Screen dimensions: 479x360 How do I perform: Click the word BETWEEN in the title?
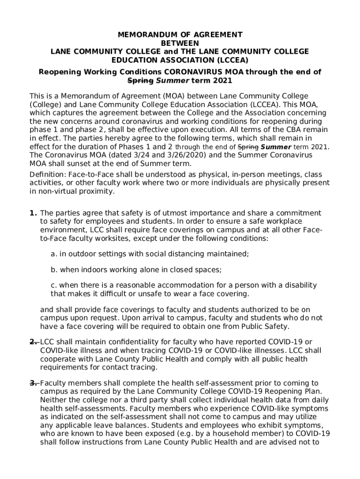pyautogui.click(x=180, y=43)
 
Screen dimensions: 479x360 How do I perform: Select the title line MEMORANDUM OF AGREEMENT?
pyautogui.click(x=180, y=35)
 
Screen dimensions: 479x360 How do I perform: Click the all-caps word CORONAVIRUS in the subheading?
pyautogui.click(x=187, y=72)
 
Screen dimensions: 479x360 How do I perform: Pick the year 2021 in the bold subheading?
pyautogui.click(x=222, y=80)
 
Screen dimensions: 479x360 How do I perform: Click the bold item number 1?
pyautogui.click(x=33, y=213)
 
